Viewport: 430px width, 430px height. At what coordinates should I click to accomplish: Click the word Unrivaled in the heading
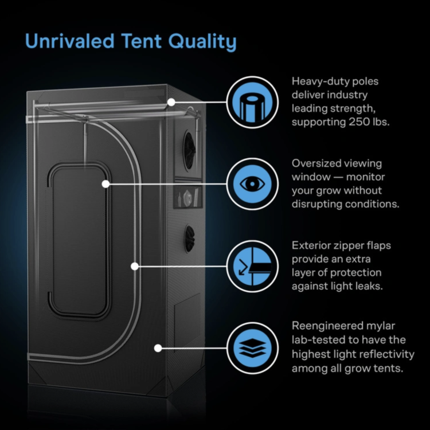69,41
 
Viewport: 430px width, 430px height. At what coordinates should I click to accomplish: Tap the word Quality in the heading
202,42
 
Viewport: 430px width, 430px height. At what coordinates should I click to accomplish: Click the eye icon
252,184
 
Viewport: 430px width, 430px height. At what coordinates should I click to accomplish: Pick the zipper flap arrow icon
252,266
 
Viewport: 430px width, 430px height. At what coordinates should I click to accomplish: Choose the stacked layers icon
252,348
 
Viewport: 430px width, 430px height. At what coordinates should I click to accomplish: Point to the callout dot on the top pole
171,102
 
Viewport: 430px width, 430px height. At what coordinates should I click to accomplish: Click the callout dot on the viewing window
105,184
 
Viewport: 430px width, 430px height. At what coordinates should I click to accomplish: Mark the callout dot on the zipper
135,266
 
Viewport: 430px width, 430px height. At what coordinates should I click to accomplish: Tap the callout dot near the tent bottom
158,348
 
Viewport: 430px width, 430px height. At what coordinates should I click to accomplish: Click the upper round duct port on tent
190,151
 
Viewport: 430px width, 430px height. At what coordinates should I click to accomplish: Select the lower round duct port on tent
190,239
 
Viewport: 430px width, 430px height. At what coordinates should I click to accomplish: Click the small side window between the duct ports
188,197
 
